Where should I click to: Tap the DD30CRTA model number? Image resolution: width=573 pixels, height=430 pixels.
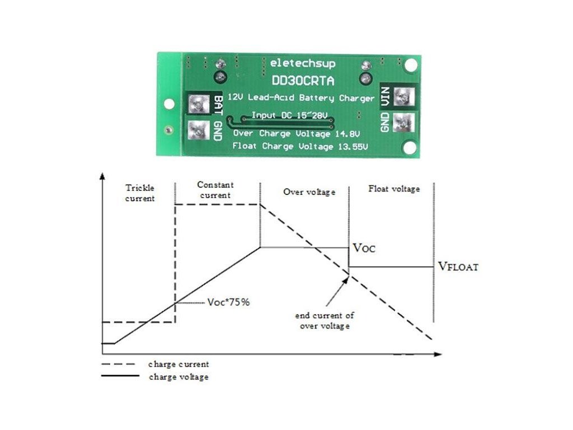pyautogui.click(x=302, y=81)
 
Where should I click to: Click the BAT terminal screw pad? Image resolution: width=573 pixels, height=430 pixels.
pyautogui.click(x=196, y=102)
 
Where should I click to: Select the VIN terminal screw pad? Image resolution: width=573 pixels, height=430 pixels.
pyautogui.click(x=402, y=97)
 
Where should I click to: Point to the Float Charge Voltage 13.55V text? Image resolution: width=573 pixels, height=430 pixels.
pyautogui.click(x=300, y=147)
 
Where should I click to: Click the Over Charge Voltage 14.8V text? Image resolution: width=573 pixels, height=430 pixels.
pyautogui.click(x=296, y=134)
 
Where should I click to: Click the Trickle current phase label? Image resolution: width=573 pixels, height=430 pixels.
pyautogui.click(x=140, y=193)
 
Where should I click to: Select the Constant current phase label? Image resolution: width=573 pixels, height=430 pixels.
pyautogui.click(x=215, y=190)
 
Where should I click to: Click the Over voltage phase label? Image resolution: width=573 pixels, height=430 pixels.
pyautogui.click(x=309, y=191)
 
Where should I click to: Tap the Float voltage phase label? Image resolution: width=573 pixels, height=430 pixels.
pyautogui.click(x=394, y=189)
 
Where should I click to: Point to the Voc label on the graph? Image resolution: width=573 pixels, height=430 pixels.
pyautogui.click(x=364, y=247)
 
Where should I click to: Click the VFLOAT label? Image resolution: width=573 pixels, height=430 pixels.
pyautogui.click(x=458, y=267)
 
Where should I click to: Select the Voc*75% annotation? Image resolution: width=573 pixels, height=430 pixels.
pyautogui.click(x=228, y=302)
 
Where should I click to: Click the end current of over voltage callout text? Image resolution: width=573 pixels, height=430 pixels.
pyautogui.click(x=325, y=320)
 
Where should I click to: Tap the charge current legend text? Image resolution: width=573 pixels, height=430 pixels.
pyautogui.click(x=179, y=364)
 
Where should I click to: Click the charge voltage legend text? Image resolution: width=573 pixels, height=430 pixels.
pyautogui.click(x=179, y=377)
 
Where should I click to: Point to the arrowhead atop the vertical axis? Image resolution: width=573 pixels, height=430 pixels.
pyautogui.click(x=102, y=176)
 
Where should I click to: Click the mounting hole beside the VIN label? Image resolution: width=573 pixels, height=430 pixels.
pyautogui.click(x=411, y=65)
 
